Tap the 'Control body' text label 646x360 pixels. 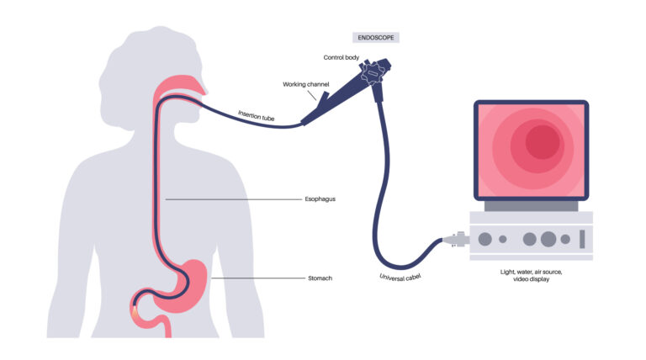click(343, 57)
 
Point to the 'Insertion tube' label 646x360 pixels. click(257, 117)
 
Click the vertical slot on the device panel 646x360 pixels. click(580, 239)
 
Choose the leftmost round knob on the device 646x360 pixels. click(485, 239)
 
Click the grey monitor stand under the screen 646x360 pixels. click(530, 205)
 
